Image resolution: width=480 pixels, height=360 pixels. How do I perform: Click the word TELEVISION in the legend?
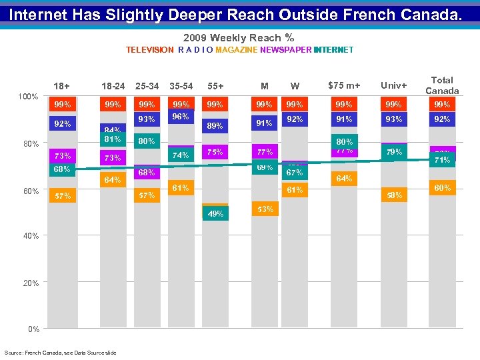tap(150, 50)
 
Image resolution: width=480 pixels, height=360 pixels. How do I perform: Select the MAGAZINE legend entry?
tap(236, 50)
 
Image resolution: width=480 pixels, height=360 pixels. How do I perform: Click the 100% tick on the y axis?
tap(27, 97)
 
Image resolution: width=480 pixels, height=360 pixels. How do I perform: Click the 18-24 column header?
tap(113, 86)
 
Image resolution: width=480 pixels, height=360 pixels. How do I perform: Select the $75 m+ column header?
tap(344, 86)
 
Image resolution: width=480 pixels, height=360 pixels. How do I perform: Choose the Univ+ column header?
tap(393, 86)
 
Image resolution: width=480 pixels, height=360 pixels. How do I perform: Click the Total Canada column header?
tap(442, 85)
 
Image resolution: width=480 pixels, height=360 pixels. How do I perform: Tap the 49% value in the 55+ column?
tap(215, 214)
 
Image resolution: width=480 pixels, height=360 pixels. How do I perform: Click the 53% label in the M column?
tap(265, 209)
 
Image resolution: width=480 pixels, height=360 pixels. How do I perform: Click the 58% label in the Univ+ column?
tap(393, 195)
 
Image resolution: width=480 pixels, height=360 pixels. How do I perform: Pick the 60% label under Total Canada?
tap(442, 188)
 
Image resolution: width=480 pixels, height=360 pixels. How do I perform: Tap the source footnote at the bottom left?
tap(60, 352)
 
